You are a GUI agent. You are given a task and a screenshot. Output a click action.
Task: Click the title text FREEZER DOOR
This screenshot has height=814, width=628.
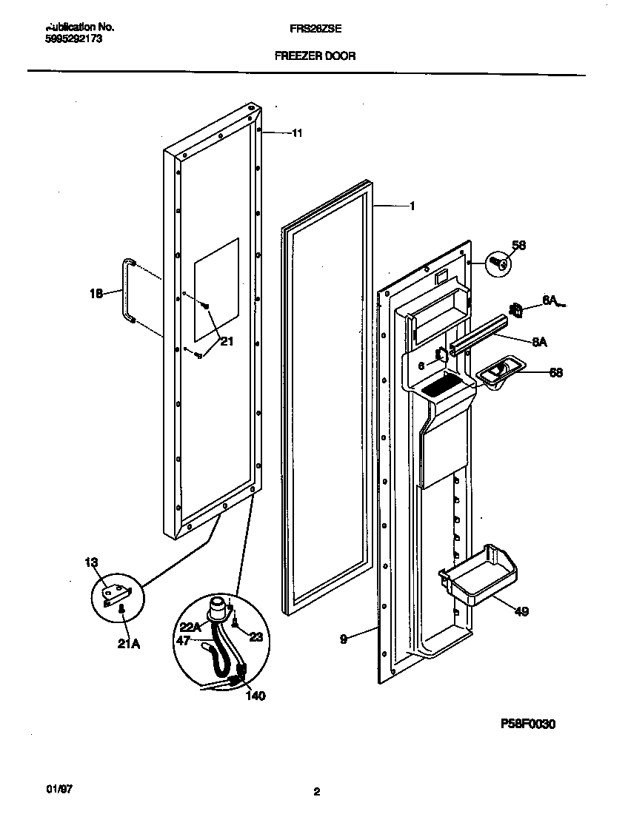click(x=315, y=55)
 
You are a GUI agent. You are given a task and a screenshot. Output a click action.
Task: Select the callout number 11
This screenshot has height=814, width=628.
click(x=297, y=133)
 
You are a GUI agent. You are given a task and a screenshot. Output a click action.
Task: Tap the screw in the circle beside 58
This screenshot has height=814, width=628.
click(x=498, y=262)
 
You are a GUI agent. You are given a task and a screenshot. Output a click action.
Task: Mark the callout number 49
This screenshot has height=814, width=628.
click(x=521, y=612)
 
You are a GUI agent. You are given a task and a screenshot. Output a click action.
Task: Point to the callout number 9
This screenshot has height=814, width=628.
click(x=343, y=639)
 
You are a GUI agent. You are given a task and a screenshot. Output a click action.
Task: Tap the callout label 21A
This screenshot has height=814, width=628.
click(x=128, y=644)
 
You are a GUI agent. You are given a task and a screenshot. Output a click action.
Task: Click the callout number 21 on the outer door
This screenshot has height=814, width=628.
click(x=226, y=341)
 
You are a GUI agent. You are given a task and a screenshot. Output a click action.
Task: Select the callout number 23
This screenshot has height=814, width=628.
click(x=255, y=636)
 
